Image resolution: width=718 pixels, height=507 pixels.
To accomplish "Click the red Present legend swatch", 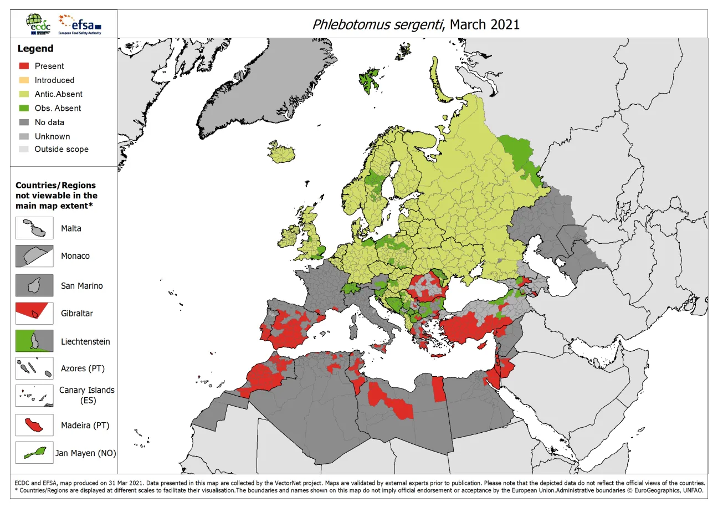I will [x=23, y=66].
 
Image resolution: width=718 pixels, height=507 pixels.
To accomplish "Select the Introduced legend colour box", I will [x=23, y=80].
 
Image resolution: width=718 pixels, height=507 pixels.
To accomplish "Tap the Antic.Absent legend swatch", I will [x=23, y=94].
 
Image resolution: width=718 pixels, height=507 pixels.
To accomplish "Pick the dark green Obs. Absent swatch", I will [x=23, y=108].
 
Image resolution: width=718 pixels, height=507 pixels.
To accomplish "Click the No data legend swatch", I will [x=23, y=122].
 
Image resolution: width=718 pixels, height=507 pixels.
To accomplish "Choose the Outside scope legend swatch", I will [x=23, y=149].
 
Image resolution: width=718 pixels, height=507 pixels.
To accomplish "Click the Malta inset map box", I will [x=34, y=228].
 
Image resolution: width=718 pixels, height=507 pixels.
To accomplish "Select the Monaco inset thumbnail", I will [x=34, y=256].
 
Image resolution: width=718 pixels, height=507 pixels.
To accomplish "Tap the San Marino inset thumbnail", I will [x=34, y=285].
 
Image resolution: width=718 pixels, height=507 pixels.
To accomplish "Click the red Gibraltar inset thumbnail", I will [x=34, y=313].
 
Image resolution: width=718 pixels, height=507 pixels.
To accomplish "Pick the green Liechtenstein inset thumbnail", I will [x=34, y=341].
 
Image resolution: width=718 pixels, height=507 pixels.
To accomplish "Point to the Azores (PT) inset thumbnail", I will [x=34, y=368].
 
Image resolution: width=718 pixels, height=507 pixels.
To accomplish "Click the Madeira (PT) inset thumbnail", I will [x=34, y=426].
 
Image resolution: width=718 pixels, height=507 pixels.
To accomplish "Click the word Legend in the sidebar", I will [x=36, y=49].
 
